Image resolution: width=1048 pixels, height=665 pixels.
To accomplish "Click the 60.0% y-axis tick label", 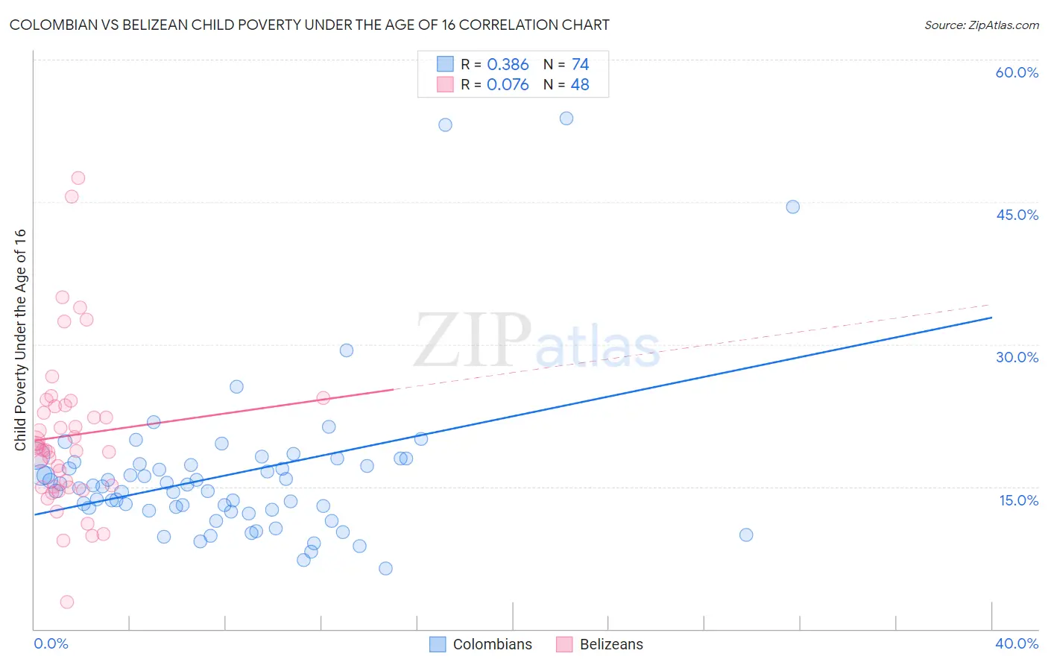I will click(1017, 72).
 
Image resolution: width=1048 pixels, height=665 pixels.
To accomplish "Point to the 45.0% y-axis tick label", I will click(1017, 215).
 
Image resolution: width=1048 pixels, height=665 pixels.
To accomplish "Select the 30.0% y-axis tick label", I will click(1017, 357).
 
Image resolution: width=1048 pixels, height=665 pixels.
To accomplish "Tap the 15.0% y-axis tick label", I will click(1018, 500).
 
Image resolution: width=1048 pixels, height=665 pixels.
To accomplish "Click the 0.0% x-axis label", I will click(51, 643).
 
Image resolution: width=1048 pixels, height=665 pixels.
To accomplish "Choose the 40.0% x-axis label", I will click(1017, 643).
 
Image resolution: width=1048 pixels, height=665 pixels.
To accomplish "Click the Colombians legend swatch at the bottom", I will click(438, 644).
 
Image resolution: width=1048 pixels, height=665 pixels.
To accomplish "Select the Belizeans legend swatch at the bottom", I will click(564, 644).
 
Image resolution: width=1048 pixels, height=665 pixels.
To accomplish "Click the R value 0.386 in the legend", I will click(508, 65).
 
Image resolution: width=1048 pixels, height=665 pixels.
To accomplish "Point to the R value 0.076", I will click(508, 85).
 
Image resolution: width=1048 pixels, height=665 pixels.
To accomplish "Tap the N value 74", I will click(580, 65).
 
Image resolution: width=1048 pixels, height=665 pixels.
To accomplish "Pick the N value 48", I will click(580, 85).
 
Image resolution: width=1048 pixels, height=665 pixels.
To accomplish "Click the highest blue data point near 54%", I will click(566, 119).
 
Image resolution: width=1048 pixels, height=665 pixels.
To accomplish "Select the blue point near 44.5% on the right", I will click(793, 207).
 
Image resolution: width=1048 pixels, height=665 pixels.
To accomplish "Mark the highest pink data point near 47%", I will click(78, 178).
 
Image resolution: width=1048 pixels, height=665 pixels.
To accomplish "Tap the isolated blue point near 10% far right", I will click(746, 535).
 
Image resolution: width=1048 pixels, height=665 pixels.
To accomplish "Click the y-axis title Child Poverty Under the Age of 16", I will click(21, 339).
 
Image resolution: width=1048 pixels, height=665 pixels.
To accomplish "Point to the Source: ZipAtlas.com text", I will click(981, 25).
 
